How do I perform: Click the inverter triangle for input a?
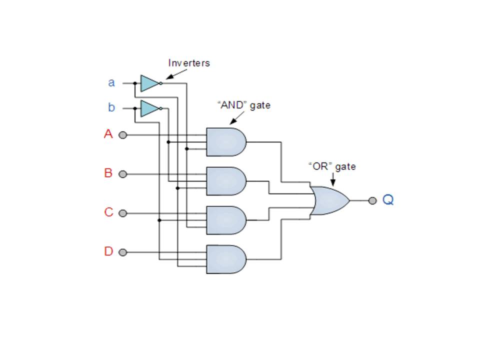(149, 83)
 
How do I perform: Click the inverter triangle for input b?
(149, 108)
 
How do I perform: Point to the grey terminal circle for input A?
(122, 135)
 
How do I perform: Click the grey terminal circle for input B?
(122, 174)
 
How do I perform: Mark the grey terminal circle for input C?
(122, 213)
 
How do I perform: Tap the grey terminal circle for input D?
(122, 252)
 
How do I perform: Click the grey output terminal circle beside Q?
(372, 200)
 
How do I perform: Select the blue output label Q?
(388, 200)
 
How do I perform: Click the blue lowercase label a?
(111, 82)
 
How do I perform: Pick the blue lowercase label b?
(111, 107)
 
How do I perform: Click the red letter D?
(108, 251)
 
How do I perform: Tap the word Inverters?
(189, 63)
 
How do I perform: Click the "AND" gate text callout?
(243, 105)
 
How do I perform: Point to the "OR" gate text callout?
(332, 166)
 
